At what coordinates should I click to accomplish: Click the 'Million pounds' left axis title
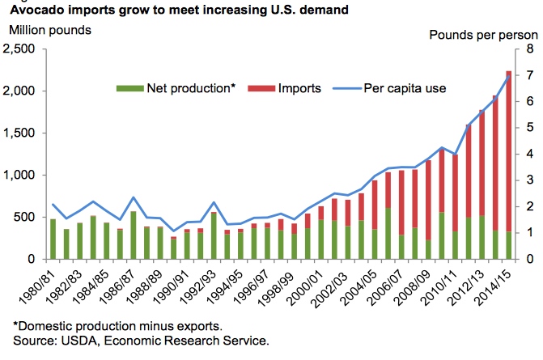click(49, 31)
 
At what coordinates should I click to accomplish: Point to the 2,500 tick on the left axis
click(24, 49)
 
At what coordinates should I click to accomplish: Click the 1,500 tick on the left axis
click(24, 133)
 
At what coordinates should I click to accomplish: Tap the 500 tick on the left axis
click(31, 218)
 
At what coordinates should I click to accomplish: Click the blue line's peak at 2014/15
click(507, 77)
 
